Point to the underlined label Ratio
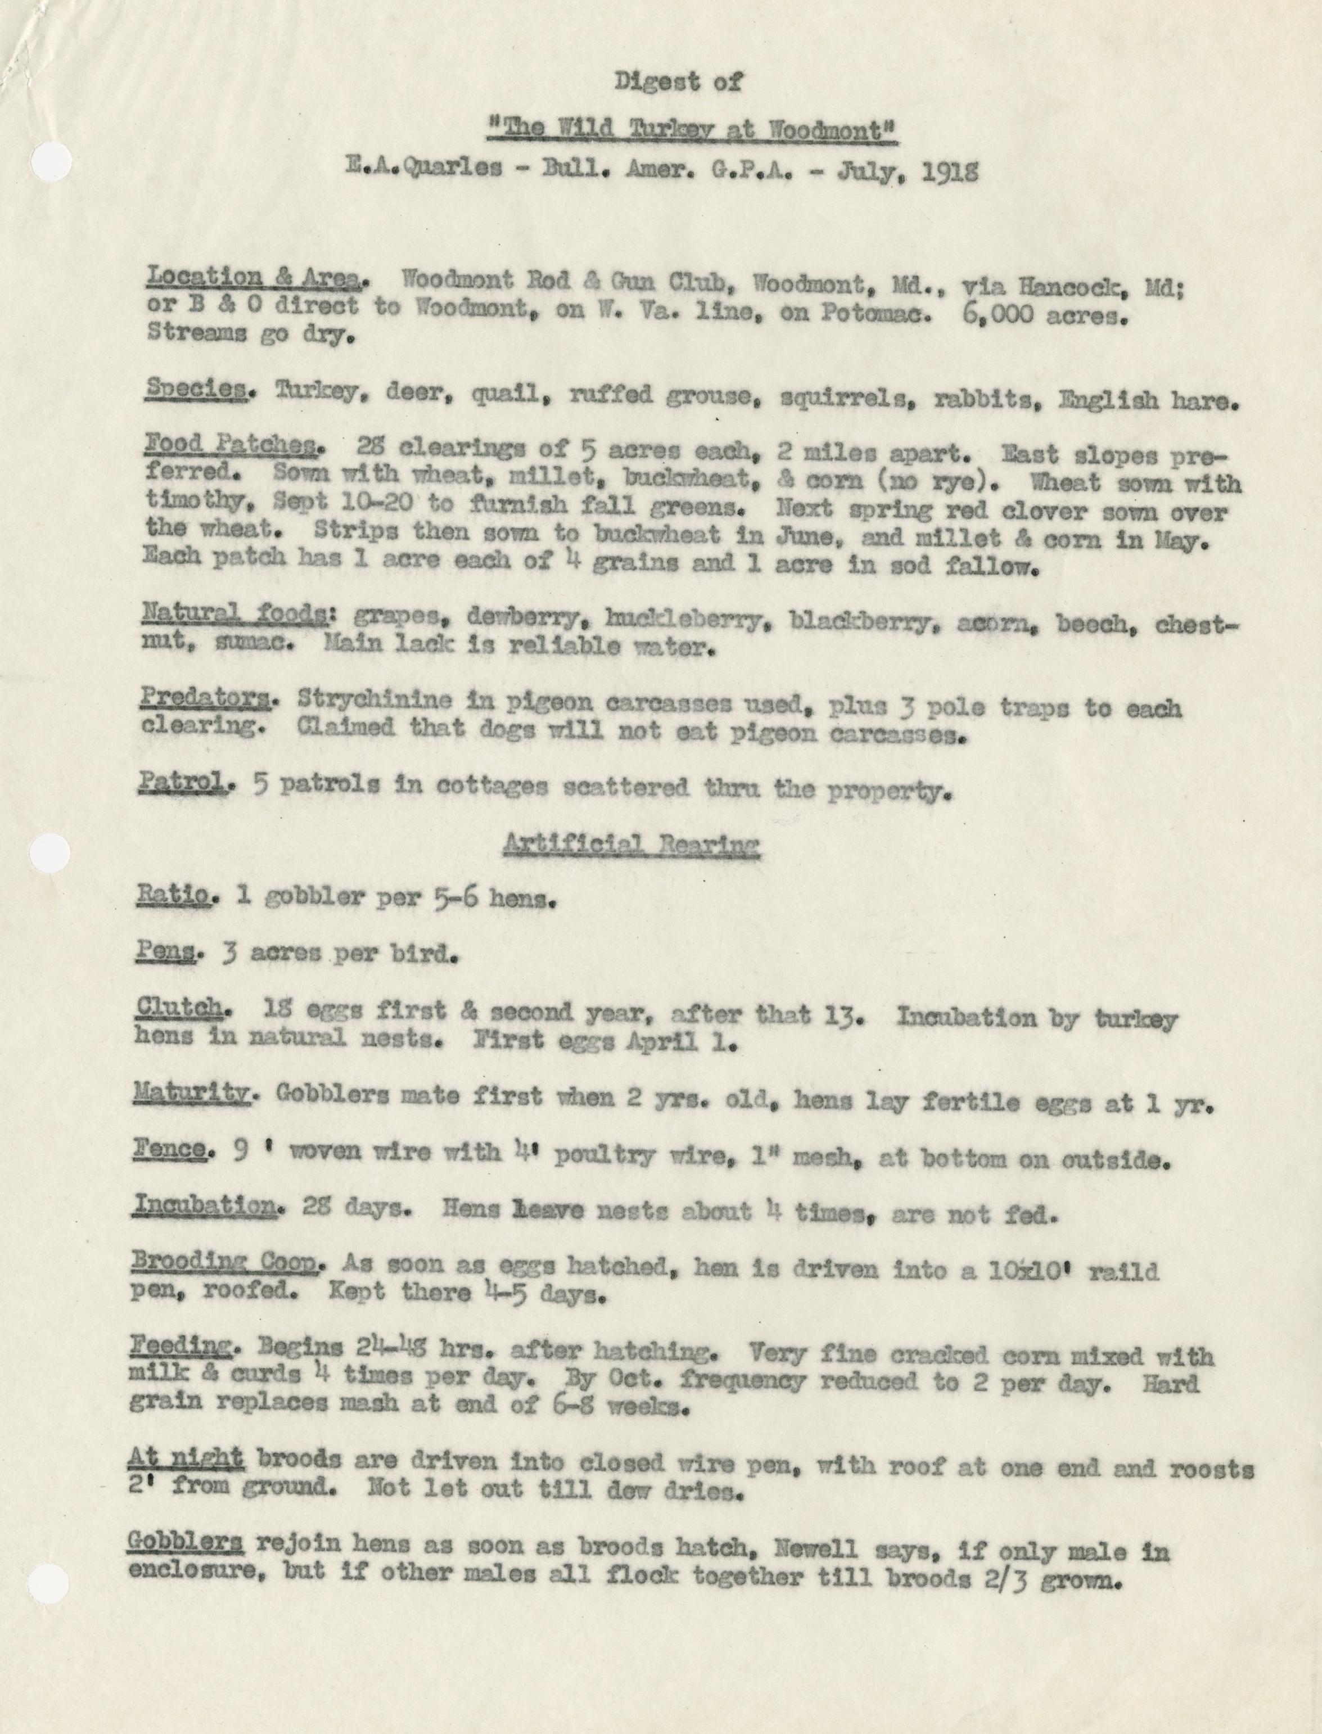(x=174, y=896)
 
